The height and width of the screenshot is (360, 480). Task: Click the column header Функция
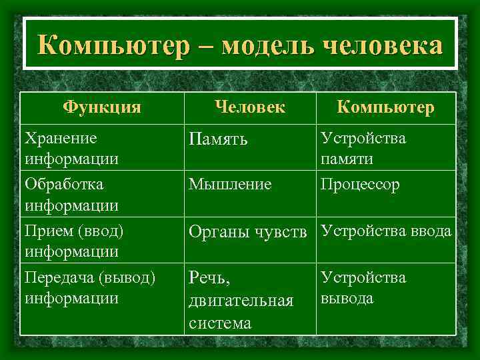102,107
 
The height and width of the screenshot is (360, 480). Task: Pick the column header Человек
250,107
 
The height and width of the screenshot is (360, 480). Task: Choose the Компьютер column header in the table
385,107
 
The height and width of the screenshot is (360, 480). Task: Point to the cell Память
218,139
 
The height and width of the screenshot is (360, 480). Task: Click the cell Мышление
230,184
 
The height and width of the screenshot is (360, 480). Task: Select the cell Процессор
360,184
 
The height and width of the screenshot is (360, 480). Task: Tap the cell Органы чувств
248,231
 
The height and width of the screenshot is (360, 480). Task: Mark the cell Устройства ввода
386,231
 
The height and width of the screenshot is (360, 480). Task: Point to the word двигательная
241,301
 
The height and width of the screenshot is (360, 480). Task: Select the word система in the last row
220,323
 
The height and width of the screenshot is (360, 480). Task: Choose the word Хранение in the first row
60,138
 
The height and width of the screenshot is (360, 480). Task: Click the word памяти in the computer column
347,160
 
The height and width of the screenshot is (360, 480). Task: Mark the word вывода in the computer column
347,298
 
